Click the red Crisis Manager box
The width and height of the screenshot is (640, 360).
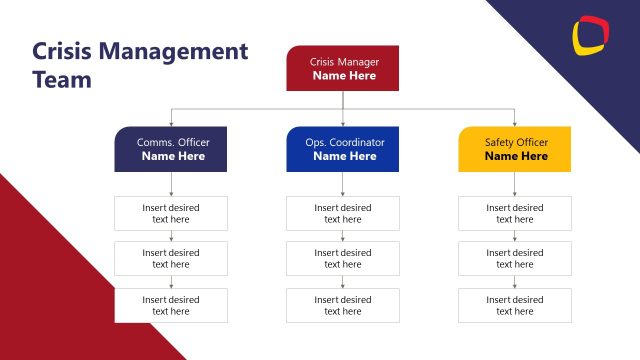[x=342, y=68]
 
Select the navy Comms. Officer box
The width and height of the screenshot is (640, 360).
[x=172, y=149]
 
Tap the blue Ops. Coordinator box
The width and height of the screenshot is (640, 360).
[x=343, y=149]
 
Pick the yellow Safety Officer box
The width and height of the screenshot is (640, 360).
[x=515, y=149]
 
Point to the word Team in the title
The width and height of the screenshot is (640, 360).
[x=62, y=80]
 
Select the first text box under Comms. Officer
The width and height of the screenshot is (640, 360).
[x=171, y=213]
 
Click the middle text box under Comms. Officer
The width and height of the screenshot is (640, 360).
[x=171, y=259]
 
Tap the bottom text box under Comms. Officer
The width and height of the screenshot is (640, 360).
[x=171, y=305]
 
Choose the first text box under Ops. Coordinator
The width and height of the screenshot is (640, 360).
[x=343, y=213]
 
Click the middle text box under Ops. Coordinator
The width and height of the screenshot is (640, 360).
[x=343, y=259]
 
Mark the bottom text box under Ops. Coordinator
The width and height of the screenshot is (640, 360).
[x=343, y=305]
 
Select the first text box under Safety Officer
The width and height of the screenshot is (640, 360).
[x=515, y=213]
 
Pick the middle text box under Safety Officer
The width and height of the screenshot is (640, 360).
[x=515, y=259]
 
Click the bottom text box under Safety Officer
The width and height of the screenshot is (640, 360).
[x=515, y=305]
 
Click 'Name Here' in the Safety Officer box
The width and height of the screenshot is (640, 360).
[x=516, y=156]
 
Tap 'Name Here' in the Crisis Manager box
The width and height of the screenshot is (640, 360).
[x=343, y=75]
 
